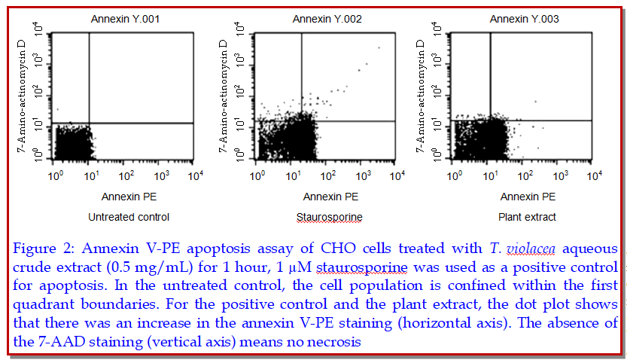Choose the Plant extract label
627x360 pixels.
[x=527, y=217]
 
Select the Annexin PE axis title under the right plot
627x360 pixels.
[x=527, y=197]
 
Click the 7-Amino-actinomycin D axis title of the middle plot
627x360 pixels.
[x=224, y=94]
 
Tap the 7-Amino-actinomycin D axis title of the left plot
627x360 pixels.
[x=22, y=94]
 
